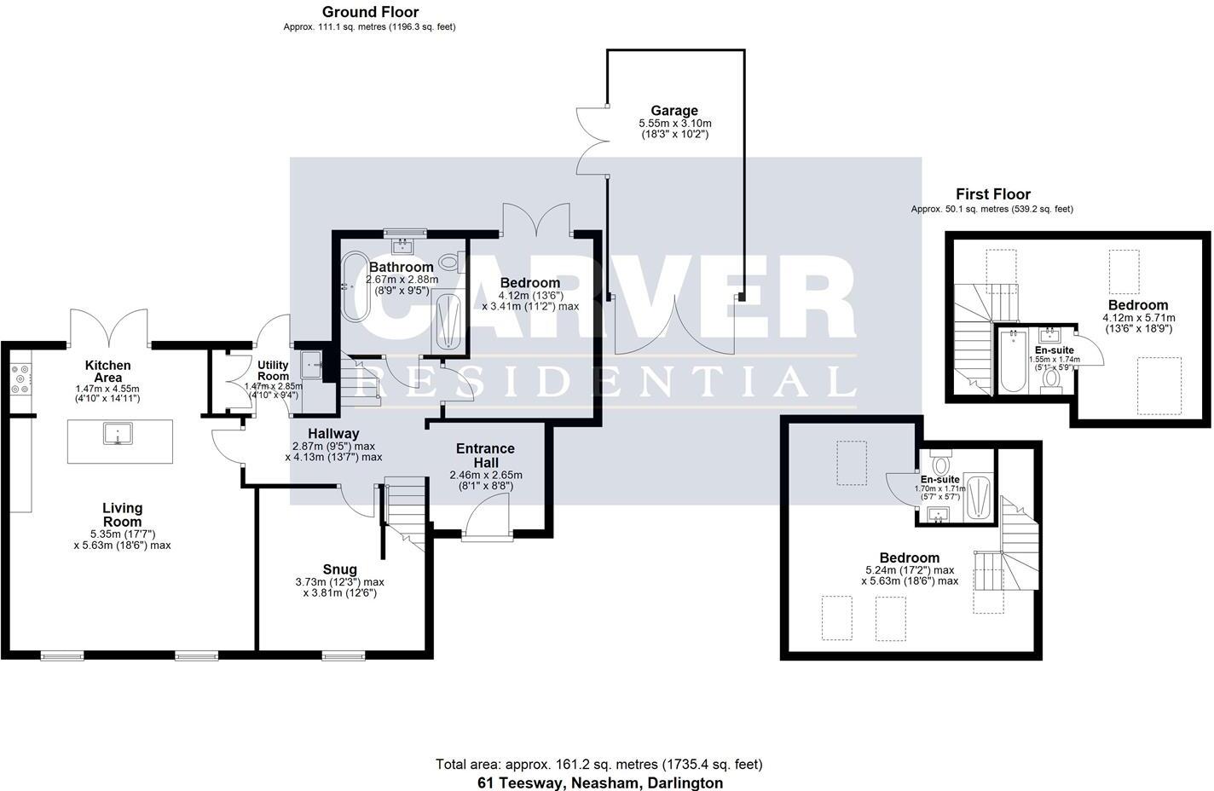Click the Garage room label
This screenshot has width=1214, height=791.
click(673, 111)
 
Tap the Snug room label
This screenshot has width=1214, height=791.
click(339, 569)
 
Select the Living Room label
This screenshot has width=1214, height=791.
click(122, 515)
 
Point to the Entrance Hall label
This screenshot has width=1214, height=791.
click(485, 455)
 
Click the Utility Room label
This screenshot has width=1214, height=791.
click(273, 371)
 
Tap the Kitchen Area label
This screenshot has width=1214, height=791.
click(107, 372)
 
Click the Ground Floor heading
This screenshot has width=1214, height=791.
click(370, 12)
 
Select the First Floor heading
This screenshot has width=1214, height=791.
click(992, 194)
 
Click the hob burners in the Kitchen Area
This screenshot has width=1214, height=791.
click(19, 379)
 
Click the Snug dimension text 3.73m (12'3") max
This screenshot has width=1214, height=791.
click(339, 582)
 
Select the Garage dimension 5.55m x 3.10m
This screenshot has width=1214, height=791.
click(674, 124)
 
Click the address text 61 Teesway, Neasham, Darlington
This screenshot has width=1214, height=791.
click(599, 782)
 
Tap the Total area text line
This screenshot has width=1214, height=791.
click(598, 765)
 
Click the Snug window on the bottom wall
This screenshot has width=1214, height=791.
click(343, 655)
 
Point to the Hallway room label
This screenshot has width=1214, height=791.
click(333, 434)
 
